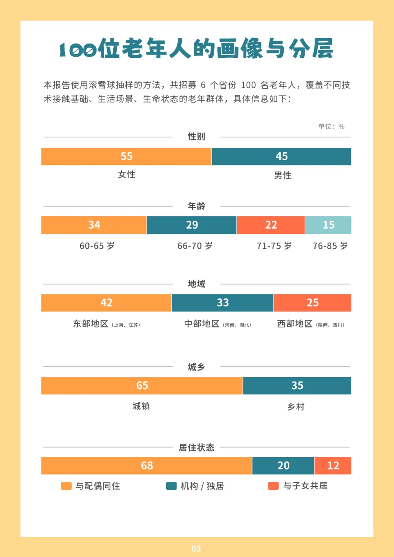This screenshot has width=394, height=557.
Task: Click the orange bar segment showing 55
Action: click(126, 156)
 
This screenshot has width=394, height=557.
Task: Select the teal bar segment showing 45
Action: click(282, 156)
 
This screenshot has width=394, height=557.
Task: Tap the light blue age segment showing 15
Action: click(328, 225)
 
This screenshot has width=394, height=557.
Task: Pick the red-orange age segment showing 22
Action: click(271, 225)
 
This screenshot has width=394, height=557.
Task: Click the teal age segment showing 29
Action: click(192, 225)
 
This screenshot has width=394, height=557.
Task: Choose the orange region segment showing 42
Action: click(106, 303)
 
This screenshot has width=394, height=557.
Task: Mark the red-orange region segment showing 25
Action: click(312, 303)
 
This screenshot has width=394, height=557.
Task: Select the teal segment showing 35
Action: click(297, 386)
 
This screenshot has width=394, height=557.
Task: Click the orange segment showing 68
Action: click(147, 466)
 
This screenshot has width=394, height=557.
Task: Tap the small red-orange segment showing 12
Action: click(333, 466)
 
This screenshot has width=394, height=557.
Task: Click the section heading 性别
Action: click(196, 137)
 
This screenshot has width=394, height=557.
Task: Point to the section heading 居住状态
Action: click(196, 447)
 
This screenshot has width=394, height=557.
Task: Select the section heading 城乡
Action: click(196, 367)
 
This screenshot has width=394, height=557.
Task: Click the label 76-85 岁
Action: click(330, 246)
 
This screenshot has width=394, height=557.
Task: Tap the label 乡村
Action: click(296, 407)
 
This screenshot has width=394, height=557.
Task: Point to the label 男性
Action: click(282, 176)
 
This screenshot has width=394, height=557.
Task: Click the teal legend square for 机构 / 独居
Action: click(171, 486)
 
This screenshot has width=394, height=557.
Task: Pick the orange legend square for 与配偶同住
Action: click(66, 486)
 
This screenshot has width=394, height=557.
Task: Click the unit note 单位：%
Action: click(331, 126)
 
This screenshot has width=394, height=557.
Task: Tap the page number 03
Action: click(196, 549)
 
